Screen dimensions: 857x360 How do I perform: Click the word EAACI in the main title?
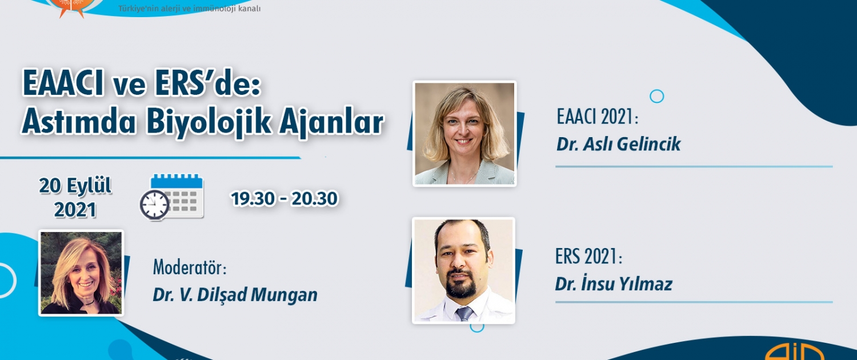[63, 83]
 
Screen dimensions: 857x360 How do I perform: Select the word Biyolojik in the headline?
[209, 123]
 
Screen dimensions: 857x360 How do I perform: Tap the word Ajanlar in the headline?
[331, 123]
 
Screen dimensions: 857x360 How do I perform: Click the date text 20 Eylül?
[75, 186]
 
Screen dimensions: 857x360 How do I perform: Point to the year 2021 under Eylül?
[75, 210]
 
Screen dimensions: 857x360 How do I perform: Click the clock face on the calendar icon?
[154, 205]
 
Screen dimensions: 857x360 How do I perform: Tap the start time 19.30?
[253, 198]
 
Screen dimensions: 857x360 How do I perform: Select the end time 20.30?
[314, 198]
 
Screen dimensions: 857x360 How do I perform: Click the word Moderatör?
[190, 267]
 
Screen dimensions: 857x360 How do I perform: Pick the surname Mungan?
[284, 295]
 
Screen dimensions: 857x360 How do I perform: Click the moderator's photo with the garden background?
[81, 273]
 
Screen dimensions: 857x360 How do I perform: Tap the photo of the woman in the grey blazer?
[464, 134]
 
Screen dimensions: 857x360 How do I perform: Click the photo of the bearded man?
[464, 270]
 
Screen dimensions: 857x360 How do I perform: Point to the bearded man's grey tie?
[464, 313]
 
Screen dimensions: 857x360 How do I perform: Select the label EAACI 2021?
[597, 117]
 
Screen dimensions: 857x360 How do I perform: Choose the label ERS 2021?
[588, 257]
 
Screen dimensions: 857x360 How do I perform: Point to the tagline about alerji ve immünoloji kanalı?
[189, 9]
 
